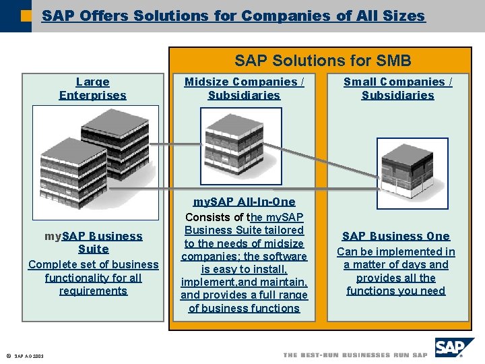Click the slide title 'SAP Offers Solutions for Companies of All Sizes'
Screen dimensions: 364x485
(x=233, y=16)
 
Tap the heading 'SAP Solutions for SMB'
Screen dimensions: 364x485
(x=323, y=61)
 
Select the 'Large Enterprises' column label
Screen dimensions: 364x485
(x=92, y=88)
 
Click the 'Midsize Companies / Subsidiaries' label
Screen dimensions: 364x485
(x=244, y=88)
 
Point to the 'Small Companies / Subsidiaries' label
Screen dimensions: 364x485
(x=397, y=88)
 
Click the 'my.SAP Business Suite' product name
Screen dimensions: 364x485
(x=93, y=243)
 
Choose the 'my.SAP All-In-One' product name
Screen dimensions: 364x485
(x=244, y=202)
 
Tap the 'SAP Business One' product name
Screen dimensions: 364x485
(x=396, y=236)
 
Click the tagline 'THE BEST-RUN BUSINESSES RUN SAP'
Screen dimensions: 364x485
(x=355, y=355)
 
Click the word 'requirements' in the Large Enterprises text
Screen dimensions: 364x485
(x=93, y=291)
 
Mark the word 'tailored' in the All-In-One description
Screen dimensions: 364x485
(x=283, y=231)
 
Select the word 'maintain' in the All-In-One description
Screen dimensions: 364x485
(x=284, y=282)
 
